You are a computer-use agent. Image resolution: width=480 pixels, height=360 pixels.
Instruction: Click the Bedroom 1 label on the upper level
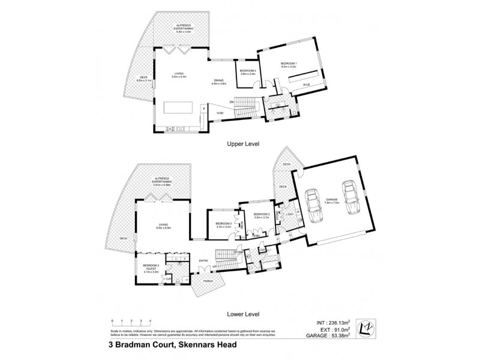coord(289,65)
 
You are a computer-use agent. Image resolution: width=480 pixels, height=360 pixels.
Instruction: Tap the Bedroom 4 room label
coord(248,72)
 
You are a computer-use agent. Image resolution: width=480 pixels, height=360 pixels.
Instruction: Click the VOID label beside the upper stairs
coord(220,112)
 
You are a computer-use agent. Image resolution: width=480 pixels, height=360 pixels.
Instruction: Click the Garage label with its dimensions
coord(331,201)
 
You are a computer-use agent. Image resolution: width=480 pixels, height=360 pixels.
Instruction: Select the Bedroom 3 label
coord(223,225)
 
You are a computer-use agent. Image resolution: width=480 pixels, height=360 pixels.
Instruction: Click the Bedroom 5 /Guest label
coord(151,268)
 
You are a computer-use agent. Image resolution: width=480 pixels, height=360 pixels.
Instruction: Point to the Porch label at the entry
coord(208,281)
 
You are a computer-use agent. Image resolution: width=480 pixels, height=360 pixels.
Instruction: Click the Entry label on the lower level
coord(203,261)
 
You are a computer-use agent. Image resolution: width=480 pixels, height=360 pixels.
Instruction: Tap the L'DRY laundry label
coord(289,214)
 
